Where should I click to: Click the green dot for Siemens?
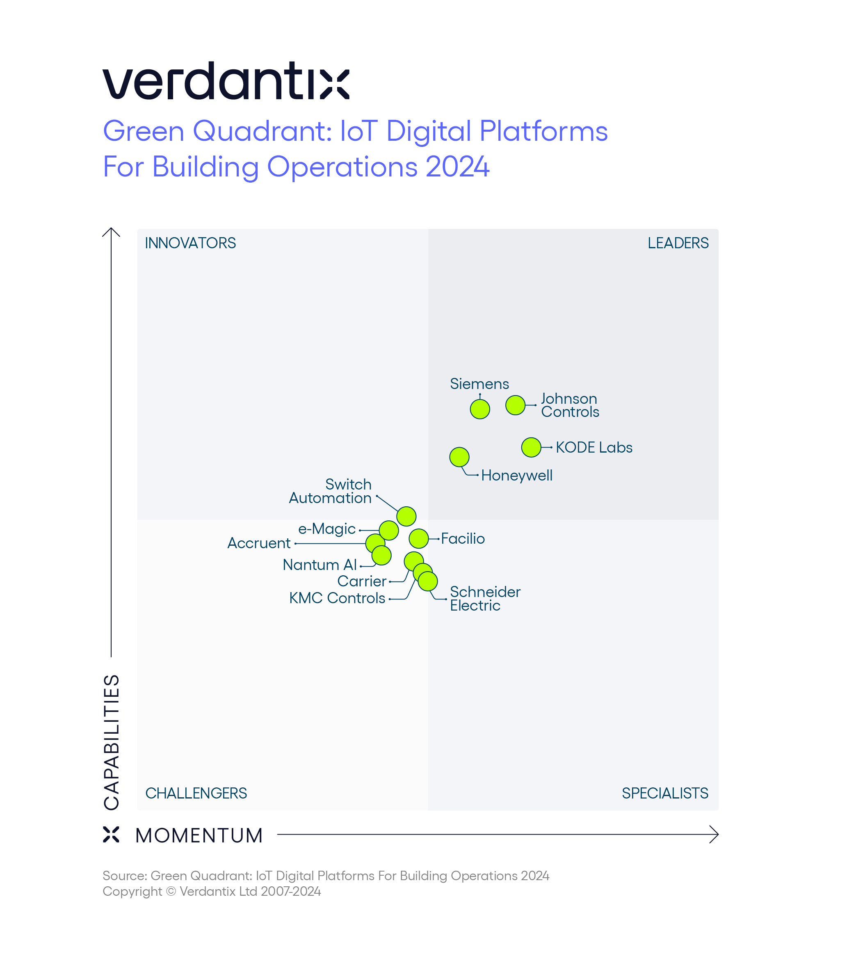[479, 409]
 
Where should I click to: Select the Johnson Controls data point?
[516, 405]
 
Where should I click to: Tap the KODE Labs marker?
[531, 447]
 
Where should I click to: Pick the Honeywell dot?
[459, 457]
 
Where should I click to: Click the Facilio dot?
[418, 538]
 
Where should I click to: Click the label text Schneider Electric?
[484, 598]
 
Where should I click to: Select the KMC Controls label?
[337, 598]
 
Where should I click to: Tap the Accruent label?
[258, 543]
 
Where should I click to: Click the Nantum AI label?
[320, 565]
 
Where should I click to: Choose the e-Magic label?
[327, 529]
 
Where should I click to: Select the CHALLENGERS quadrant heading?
[196, 793]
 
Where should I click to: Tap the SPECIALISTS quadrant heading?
[664, 793]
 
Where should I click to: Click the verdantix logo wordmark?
[226, 81]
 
